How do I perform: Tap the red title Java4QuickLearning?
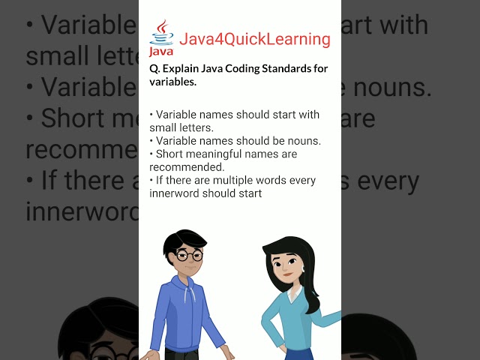coord(254,39)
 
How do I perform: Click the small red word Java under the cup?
coord(161,52)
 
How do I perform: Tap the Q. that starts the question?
coord(154,70)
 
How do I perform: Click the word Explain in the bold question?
coord(181,70)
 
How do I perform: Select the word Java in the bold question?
coord(214,70)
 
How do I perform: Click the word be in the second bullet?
coord(266,140)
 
